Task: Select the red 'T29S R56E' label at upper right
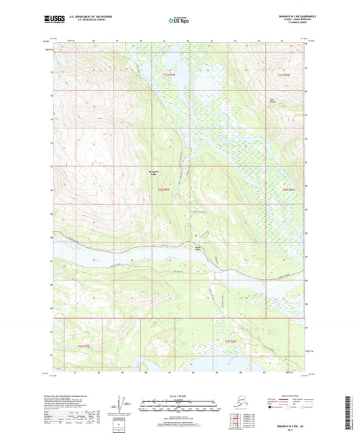(x=285, y=75)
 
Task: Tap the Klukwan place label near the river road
(x=199, y=248)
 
